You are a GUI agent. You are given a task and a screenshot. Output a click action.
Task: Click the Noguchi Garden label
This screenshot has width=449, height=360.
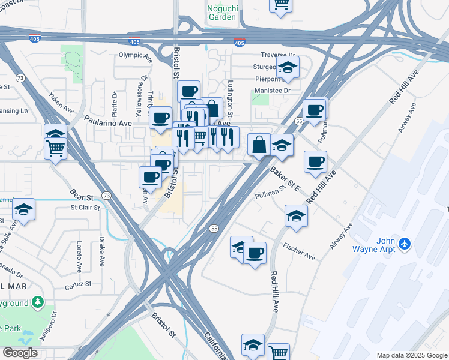coord(222,13)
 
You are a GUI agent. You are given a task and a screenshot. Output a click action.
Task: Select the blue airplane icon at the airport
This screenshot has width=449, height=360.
coord(405,244)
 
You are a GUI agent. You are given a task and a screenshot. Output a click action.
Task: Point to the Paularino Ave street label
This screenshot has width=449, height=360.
coord(107,122)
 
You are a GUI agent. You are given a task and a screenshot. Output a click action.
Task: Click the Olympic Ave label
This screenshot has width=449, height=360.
coord(135,55)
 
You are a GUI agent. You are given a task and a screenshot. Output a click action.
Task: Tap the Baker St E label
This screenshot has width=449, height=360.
coord(285,179)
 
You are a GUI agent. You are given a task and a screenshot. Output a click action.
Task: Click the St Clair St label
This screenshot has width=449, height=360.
coord(85,208)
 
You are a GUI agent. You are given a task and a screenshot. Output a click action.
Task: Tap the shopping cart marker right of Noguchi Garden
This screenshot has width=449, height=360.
coord(280,5)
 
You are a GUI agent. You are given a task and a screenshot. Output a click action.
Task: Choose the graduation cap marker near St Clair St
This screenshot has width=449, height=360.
coord(24,209)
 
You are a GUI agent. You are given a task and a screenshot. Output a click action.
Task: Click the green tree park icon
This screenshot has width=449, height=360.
coord(38,301)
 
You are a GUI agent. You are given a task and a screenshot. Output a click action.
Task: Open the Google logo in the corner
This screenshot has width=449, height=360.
coord(20,353)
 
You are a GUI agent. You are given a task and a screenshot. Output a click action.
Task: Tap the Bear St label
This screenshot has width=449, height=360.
coord(82,196)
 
